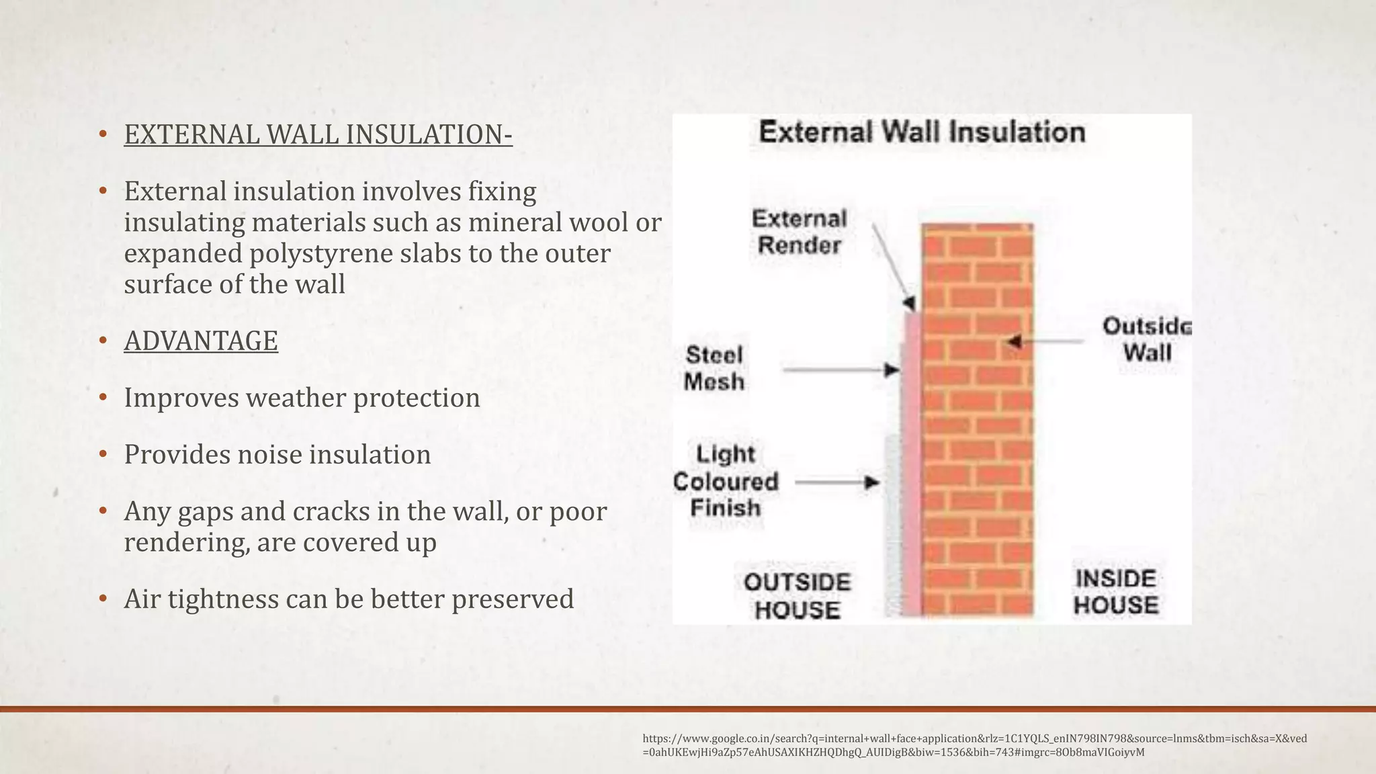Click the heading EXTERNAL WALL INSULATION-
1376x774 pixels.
pos(318,134)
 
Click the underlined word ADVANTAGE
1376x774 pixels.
pos(200,341)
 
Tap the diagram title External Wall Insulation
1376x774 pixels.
pos(922,132)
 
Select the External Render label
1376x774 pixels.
pos(799,232)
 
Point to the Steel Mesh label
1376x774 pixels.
pos(714,368)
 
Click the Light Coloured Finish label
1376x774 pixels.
pos(726,481)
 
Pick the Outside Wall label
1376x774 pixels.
pos(1146,339)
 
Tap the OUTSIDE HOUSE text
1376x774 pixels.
pos(797,596)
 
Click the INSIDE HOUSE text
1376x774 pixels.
pos(1115,592)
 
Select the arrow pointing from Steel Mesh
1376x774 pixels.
pos(841,370)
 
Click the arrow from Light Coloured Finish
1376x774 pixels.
pos(836,482)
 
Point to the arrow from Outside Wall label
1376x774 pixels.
pos(1045,341)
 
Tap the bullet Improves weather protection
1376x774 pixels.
pos(302,398)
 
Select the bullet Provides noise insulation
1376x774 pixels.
pos(277,455)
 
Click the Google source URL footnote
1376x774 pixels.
pos(974,745)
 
